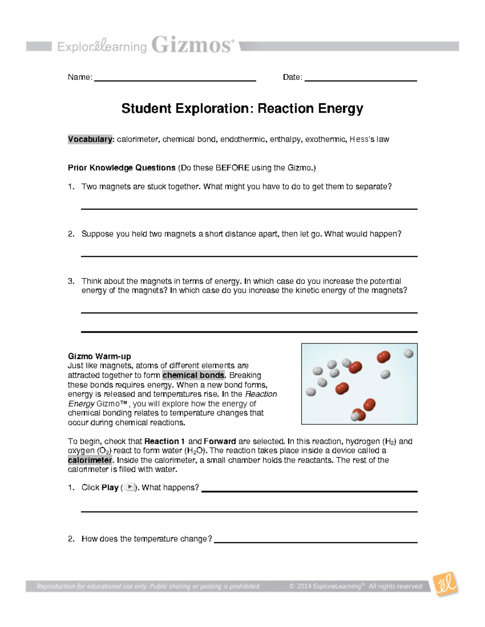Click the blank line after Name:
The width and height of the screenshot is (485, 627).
pos(175,80)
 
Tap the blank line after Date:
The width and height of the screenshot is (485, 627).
pos(361,80)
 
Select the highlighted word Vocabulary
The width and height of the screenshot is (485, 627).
pos(90,139)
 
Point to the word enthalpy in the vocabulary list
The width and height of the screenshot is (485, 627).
pos(285,139)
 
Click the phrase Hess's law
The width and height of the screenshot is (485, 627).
pos(369,139)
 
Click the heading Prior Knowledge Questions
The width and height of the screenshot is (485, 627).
pos(122,168)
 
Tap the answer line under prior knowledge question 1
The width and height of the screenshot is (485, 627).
pos(249,208)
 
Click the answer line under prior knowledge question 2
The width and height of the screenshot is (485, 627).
pos(249,256)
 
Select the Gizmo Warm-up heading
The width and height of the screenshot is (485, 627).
pos(99,356)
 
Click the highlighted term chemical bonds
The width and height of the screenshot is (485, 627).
pos(193,375)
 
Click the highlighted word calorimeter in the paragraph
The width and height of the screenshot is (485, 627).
pos(90,460)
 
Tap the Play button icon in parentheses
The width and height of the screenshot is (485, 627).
pos(129,487)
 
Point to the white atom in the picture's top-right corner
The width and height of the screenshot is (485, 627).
pos(409,354)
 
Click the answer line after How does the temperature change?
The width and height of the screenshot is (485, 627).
pos(315,542)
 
